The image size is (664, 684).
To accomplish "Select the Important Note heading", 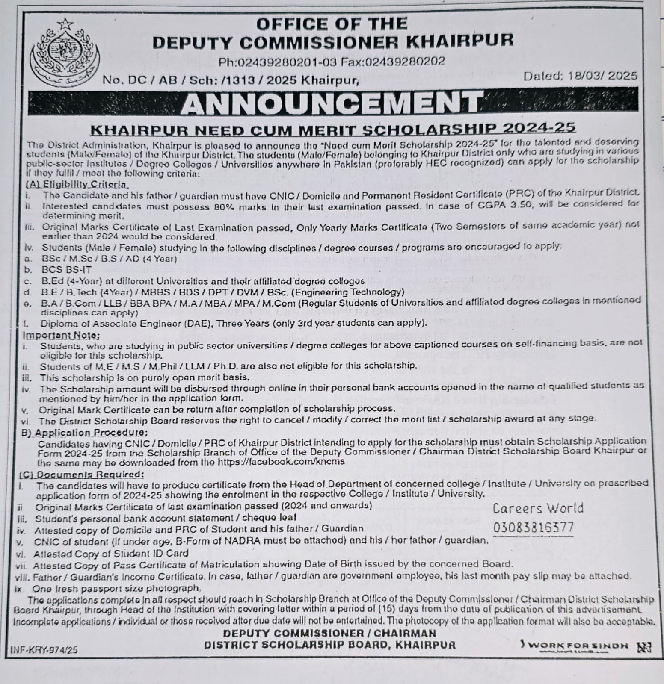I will click(x=61, y=335).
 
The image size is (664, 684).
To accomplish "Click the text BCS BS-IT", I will click(x=66, y=270).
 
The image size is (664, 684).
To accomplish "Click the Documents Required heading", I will click(x=82, y=475).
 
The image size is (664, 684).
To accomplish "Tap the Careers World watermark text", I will click(x=538, y=508).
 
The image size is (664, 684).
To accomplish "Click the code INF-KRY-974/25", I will click(x=44, y=650).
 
